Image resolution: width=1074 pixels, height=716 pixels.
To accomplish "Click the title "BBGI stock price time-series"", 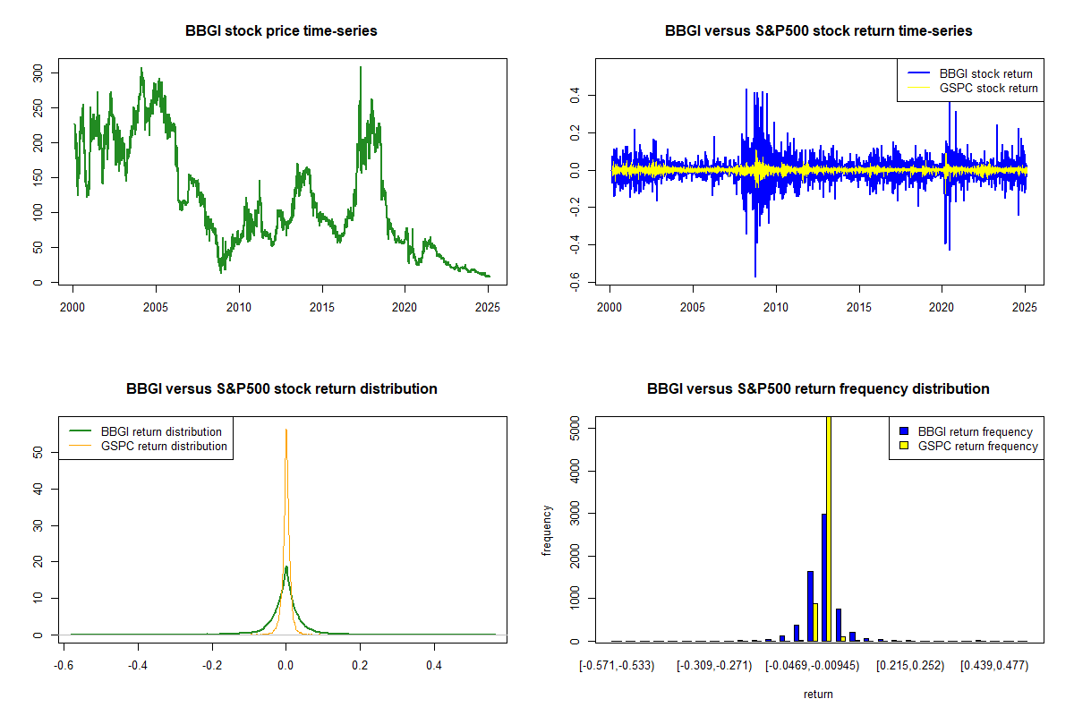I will (281, 31).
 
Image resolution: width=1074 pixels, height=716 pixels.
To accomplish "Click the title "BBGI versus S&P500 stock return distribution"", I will (281, 389).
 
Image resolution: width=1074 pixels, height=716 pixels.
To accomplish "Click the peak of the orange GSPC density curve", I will (286, 430).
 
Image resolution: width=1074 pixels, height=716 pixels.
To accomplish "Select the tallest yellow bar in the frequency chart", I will (829, 528).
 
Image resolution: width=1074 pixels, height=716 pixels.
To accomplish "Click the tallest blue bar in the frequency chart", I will (823, 577).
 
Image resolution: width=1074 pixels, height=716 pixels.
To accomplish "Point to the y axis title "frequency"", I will (547, 530).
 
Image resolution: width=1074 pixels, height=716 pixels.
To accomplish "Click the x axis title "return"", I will (818, 694).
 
